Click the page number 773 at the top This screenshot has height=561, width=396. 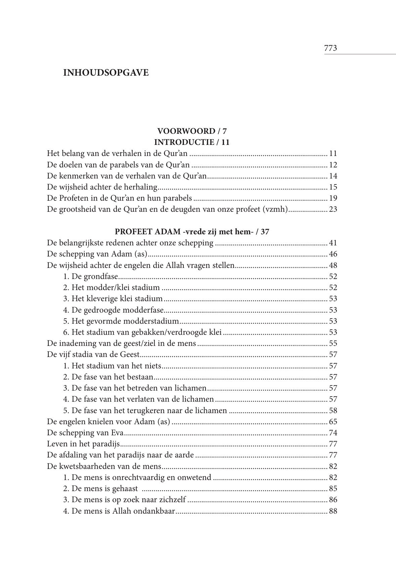[x=331, y=48]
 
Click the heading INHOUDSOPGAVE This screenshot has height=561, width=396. [x=106, y=73]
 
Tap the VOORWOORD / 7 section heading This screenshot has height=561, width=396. [x=192, y=131]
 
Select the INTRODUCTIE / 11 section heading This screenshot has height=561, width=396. [x=192, y=142]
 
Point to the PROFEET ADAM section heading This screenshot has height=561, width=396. [x=192, y=232]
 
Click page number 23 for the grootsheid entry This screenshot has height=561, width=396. [x=333, y=209]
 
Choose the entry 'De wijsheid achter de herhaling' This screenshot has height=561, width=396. [x=102, y=187]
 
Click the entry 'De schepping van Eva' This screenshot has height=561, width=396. [x=85, y=433]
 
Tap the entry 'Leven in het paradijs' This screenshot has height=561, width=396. [x=83, y=444]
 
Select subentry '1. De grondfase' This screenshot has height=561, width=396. [x=91, y=277]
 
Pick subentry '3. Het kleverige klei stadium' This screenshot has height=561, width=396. [x=113, y=299]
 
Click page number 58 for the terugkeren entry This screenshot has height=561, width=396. [x=333, y=410]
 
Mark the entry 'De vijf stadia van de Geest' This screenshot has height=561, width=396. [x=93, y=355]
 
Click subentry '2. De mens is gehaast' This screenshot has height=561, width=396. [x=100, y=489]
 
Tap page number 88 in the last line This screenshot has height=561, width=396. [x=333, y=511]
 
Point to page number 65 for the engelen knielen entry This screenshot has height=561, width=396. [x=333, y=422]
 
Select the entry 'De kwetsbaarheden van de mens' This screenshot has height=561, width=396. [x=104, y=466]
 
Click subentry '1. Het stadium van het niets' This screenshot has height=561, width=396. [x=112, y=366]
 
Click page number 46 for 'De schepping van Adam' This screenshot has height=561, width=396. [x=333, y=254]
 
